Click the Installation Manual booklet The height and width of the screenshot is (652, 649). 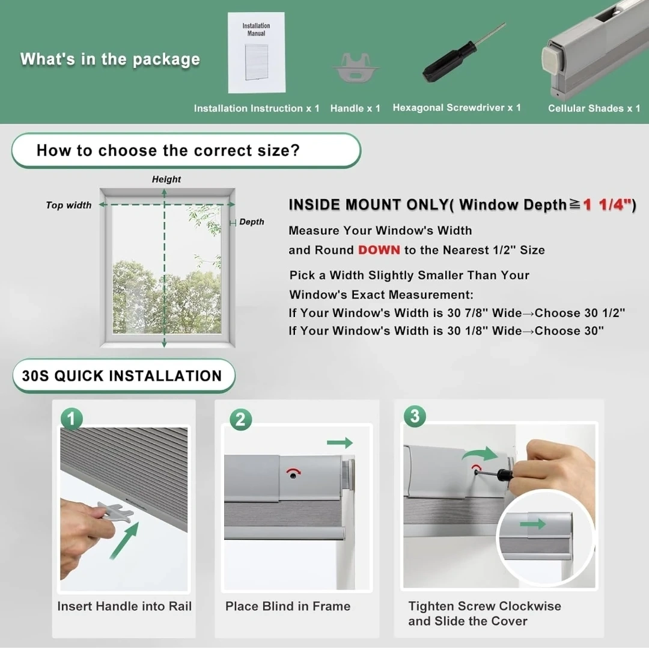point(257,52)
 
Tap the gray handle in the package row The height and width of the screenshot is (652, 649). point(356,67)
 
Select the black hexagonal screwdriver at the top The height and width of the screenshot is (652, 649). point(463,52)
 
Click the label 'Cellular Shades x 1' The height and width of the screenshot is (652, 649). point(594,108)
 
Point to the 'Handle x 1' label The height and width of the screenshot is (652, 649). point(355,108)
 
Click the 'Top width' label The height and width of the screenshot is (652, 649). point(69,205)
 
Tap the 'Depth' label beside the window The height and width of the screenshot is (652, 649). point(251,221)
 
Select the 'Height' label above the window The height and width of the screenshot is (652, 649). point(166,179)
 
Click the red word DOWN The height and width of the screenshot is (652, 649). point(379,250)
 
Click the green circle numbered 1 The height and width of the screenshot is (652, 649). point(72,418)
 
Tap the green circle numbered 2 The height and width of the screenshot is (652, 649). point(240,419)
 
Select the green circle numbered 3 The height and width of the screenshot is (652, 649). point(415,416)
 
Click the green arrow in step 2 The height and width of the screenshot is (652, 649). point(340,443)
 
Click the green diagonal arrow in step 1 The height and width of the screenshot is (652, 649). point(124,541)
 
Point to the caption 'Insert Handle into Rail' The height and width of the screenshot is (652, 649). point(124,606)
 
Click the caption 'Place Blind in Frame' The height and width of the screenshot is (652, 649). point(288,606)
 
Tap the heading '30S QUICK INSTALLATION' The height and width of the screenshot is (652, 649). point(122,376)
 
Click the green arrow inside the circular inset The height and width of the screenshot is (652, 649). point(532,524)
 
